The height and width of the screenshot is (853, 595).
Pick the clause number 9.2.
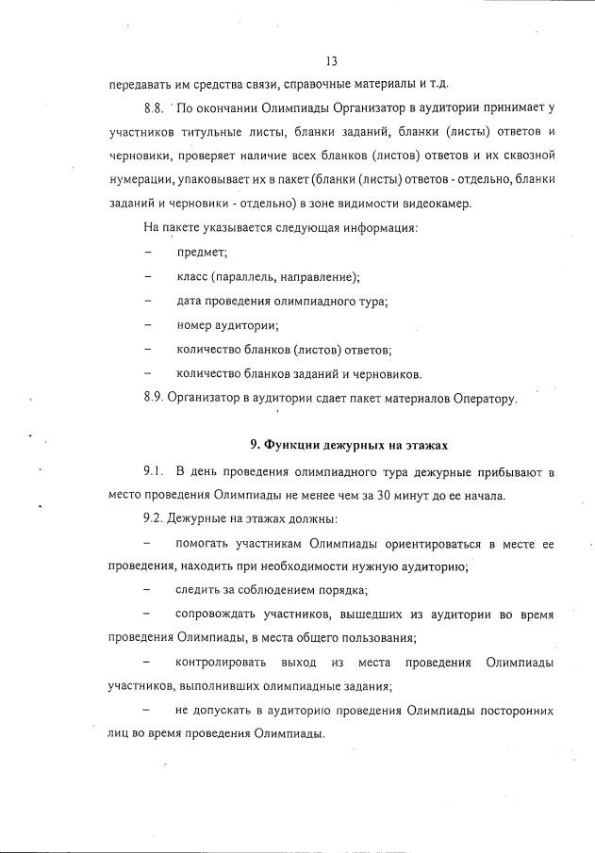155,519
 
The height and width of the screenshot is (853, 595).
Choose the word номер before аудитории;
195,326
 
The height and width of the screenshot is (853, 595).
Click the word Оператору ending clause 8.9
481,399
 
